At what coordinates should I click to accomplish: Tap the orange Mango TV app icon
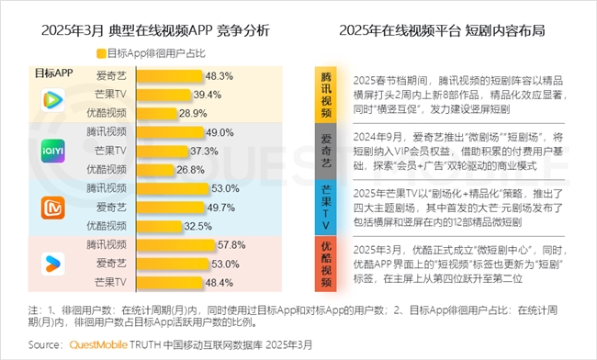50,208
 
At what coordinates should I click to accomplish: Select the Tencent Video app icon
50,97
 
